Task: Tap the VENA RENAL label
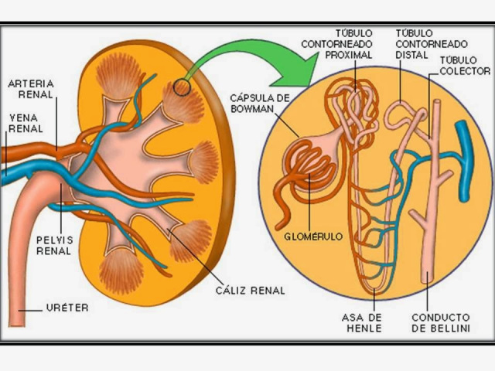[26, 123]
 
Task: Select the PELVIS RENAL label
[53, 245]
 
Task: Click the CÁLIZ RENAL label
[250, 291]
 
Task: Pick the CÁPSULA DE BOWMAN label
[259, 103]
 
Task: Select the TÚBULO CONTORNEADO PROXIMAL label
[349, 44]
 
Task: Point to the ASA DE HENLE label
[363, 322]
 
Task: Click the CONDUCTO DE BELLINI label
[440, 322]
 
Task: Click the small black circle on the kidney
[182, 87]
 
